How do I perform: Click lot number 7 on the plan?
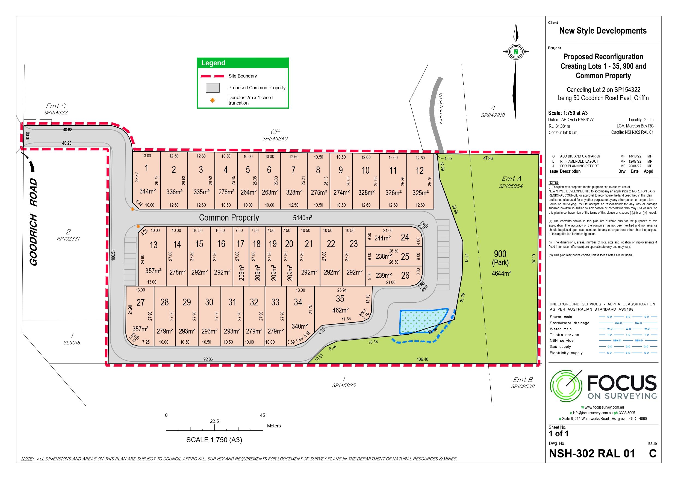pyautogui.click(x=293, y=170)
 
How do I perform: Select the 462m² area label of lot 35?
pyautogui.click(x=340, y=310)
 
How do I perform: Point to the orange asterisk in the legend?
pyautogui.click(x=212, y=100)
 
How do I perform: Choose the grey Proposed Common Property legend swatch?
pyautogui.click(x=213, y=88)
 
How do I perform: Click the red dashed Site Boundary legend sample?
pyautogui.click(x=212, y=76)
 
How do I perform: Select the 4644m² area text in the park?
pyautogui.click(x=501, y=273)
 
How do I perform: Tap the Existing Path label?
pyautogui.click(x=441, y=108)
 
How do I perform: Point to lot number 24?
pyautogui.click(x=405, y=237)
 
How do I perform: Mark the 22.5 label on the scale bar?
pyautogui.click(x=214, y=421)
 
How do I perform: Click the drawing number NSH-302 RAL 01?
pyautogui.click(x=592, y=453)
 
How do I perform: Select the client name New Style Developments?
pyautogui.click(x=603, y=31)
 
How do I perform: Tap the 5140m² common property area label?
pyautogui.click(x=302, y=218)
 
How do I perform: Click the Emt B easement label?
pyautogui.click(x=523, y=380)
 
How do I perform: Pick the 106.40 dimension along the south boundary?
pyautogui.click(x=422, y=359)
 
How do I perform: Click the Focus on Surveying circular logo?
pyautogui.click(x=566, y=385)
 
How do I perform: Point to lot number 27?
pyautogui.click(x=141, y=302)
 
